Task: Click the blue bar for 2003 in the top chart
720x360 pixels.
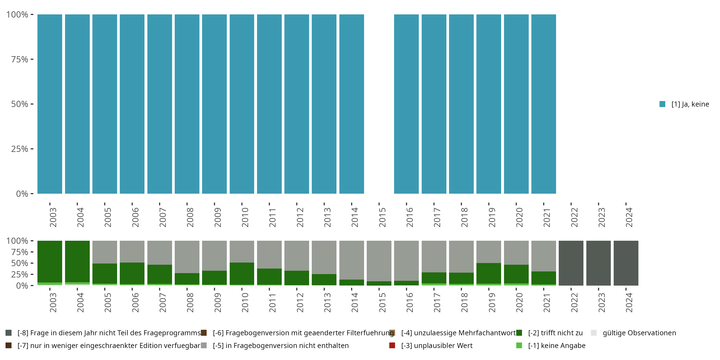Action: (x=50, y=104)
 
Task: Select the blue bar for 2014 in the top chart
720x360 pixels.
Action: (x=352, y=104)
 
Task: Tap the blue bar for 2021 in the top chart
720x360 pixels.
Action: (x=543, y=104)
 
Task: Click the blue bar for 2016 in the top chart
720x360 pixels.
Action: (x=406, y=104)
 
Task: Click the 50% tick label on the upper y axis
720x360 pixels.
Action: (x=20, y=104)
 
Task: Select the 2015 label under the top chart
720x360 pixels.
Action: (x=382, y=217)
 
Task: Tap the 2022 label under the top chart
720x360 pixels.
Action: (x=574, y=217)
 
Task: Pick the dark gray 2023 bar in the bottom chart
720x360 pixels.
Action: (x=598, y=263)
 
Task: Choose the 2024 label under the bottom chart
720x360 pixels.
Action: (x=629, y=302)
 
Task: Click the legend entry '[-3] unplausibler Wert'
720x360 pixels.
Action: (x=437, y=345)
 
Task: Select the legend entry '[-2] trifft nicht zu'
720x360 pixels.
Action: (x=555, y=333)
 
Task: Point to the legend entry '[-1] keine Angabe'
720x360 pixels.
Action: (x=557, y=345)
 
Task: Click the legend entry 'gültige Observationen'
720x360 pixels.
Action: (x=639, y=333)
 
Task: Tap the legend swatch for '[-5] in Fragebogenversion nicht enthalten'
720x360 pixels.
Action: (x=204, y=345)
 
